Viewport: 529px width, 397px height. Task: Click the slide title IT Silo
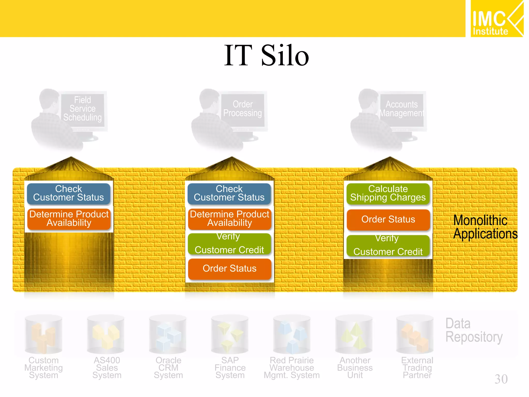click(266, 55)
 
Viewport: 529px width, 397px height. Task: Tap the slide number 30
click(501, 379)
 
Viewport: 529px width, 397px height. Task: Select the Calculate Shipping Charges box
click(388, 193)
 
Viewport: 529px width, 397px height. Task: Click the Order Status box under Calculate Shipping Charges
click(388, 219)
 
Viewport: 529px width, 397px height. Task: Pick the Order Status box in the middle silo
click(229, 269)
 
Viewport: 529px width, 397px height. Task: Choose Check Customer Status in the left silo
click(68, 193)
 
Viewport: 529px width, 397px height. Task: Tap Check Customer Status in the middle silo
click(229, 193)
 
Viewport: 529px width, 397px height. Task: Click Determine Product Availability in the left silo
click(69, 219)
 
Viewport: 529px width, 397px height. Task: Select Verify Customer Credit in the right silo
click(388, 245)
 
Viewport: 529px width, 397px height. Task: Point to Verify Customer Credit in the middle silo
click(229, 243)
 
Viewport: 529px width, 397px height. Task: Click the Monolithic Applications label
click(485, 227)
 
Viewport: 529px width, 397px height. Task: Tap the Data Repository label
click(474, 330)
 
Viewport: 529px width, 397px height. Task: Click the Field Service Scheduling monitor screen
click(83, 109)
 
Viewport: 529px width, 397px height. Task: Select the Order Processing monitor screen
click(243, 109)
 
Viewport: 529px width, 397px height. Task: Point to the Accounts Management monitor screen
click(402, 109)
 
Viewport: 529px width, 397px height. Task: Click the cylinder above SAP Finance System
click(229, 334)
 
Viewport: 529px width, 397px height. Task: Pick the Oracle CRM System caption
click(168, 368)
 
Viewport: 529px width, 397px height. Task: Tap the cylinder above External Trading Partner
click(415, 334)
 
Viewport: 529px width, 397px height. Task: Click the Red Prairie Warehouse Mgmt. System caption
click(292, 368)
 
